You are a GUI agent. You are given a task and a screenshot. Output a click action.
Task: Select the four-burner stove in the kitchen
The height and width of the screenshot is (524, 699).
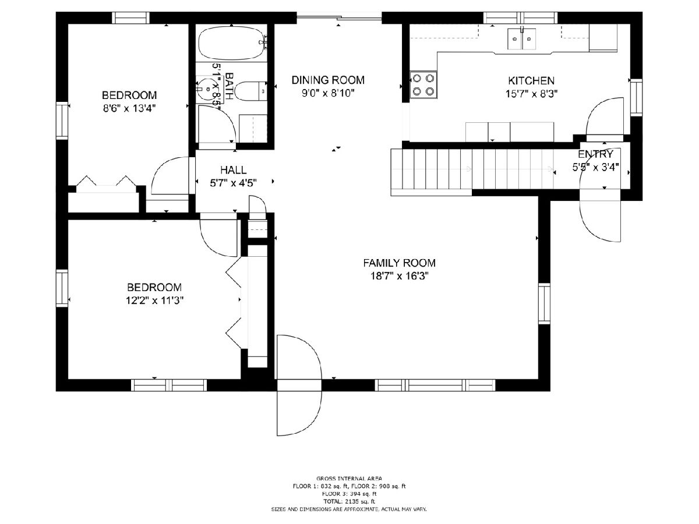[x=423, y=84]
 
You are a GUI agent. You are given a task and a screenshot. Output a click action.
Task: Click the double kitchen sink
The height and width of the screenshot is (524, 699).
[x=521, y=39]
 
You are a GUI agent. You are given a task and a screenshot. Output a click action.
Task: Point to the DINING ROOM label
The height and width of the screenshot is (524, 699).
[x=328, y=80]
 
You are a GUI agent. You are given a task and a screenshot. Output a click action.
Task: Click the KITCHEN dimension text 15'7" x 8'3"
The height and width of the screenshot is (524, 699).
[x=531, y=94]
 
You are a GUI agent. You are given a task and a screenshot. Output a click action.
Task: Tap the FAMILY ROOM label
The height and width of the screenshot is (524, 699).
[x=400, y=263]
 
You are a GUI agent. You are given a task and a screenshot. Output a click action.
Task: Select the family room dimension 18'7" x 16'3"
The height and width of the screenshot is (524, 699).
[x=400, y=275]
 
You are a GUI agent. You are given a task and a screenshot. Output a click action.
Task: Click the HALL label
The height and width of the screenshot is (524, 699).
[x=234, y=170]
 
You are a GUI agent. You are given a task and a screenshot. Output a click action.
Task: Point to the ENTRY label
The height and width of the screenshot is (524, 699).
[x=595, y=154]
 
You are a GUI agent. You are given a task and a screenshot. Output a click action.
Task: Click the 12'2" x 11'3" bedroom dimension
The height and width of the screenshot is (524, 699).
[x=154, y=300]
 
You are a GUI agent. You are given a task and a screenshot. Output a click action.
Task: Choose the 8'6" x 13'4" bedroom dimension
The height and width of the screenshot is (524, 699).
[x=129, y=108]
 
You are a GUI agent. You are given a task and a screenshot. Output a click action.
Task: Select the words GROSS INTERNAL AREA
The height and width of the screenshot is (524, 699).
[x=349, y=478]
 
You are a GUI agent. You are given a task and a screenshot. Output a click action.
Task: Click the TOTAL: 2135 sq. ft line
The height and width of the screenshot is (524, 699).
[x=349, y=501]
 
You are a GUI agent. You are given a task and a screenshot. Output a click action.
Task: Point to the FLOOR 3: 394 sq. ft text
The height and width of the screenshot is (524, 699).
[x=349, y=494]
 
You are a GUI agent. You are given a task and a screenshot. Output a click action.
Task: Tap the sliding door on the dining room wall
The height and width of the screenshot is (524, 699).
[x=339, y=18]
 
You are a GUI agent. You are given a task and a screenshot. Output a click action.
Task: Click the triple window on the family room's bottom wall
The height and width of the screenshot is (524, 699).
[x=435, y=385]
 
